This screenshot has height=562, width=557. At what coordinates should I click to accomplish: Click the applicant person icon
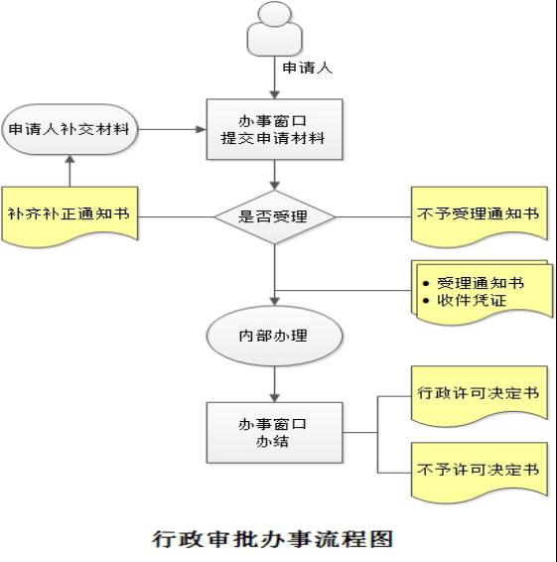(275, 29)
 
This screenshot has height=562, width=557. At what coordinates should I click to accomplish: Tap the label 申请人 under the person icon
(308, 68)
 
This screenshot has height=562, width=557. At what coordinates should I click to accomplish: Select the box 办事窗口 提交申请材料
(275, 129)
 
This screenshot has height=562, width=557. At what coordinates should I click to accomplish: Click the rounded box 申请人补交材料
(70, 129)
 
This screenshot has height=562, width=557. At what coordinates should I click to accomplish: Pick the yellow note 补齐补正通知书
(70, 215)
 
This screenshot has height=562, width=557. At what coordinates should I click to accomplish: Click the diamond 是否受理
(275, 216)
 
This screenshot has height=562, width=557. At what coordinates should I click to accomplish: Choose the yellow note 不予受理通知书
(480, 215)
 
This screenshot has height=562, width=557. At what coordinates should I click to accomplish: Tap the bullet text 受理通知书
(481, 283)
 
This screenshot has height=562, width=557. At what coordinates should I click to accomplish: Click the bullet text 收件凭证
(472, 300)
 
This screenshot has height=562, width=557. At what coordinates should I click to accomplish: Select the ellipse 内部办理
(275, 336)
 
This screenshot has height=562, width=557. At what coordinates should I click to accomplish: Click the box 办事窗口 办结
(275, 433)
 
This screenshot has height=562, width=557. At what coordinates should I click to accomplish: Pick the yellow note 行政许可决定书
(480, 395)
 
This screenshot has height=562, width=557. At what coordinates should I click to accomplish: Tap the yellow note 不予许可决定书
(480, 472)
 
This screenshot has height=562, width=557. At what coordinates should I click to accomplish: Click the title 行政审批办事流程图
(273, 539)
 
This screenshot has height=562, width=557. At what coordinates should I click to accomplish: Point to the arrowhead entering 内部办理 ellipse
(275, 301)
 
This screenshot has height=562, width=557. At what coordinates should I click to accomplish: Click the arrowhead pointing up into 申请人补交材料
(70, 160)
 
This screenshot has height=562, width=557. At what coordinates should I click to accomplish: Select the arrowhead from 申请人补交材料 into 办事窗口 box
(202, 129)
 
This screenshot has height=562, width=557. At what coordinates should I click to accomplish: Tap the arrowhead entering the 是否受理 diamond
(275, 186)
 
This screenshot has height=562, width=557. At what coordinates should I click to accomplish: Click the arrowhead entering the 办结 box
(275, 398)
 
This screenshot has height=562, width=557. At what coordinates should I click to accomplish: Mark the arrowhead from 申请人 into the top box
(275, 94)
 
